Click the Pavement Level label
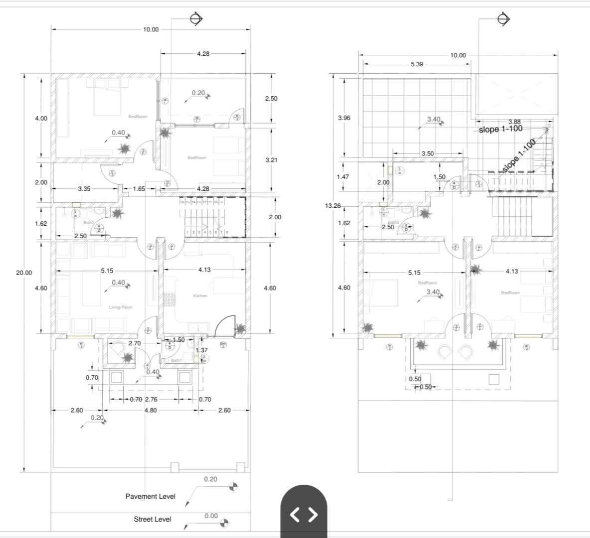coord(150,497)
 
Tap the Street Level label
coord(152,519)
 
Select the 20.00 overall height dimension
coord(24,272)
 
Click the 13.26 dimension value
coord(333,205)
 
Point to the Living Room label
coord(121,307)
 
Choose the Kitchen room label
coord(200,296)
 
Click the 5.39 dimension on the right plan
coord(417,64)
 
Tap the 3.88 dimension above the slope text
coord(514,122)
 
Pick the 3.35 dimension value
coord(84,189)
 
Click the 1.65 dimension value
coord(139,189)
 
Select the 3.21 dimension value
coord(271,160)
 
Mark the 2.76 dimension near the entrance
coord(151,400)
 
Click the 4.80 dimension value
coord(151,410)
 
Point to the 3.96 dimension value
coord(344,118)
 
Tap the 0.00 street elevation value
coord(211,516)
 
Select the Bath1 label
coord(176,360)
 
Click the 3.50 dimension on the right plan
coord(427,153)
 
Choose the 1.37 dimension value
coord(201,350)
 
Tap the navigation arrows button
coord(303,514)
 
